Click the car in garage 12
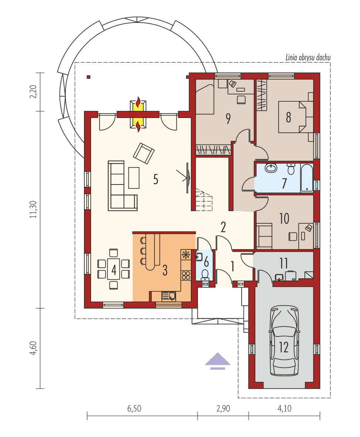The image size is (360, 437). click(284, 340)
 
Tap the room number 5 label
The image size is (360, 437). click(156, 179)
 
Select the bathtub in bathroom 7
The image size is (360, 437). click(307, 178)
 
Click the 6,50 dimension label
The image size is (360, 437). click(134, 409)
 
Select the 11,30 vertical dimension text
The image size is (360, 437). click(34, 210)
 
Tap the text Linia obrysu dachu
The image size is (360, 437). click(307, 58)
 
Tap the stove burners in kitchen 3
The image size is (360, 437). click(186, 275)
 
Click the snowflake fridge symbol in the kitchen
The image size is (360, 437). click(186, 255)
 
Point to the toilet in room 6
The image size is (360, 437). click(205, 274)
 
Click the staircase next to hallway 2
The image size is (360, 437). click(203, 200)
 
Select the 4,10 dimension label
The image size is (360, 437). click(284, 409)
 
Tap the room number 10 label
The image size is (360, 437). click(284, 218)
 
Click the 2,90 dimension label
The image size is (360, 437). click(222, 409)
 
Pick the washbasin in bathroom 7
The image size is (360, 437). click(271, 168)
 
